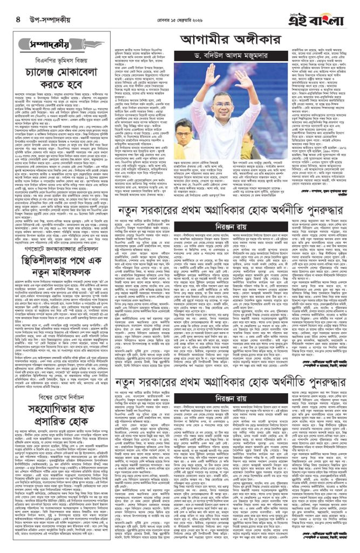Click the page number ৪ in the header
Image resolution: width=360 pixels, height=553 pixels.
click(x=11, y=20)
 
